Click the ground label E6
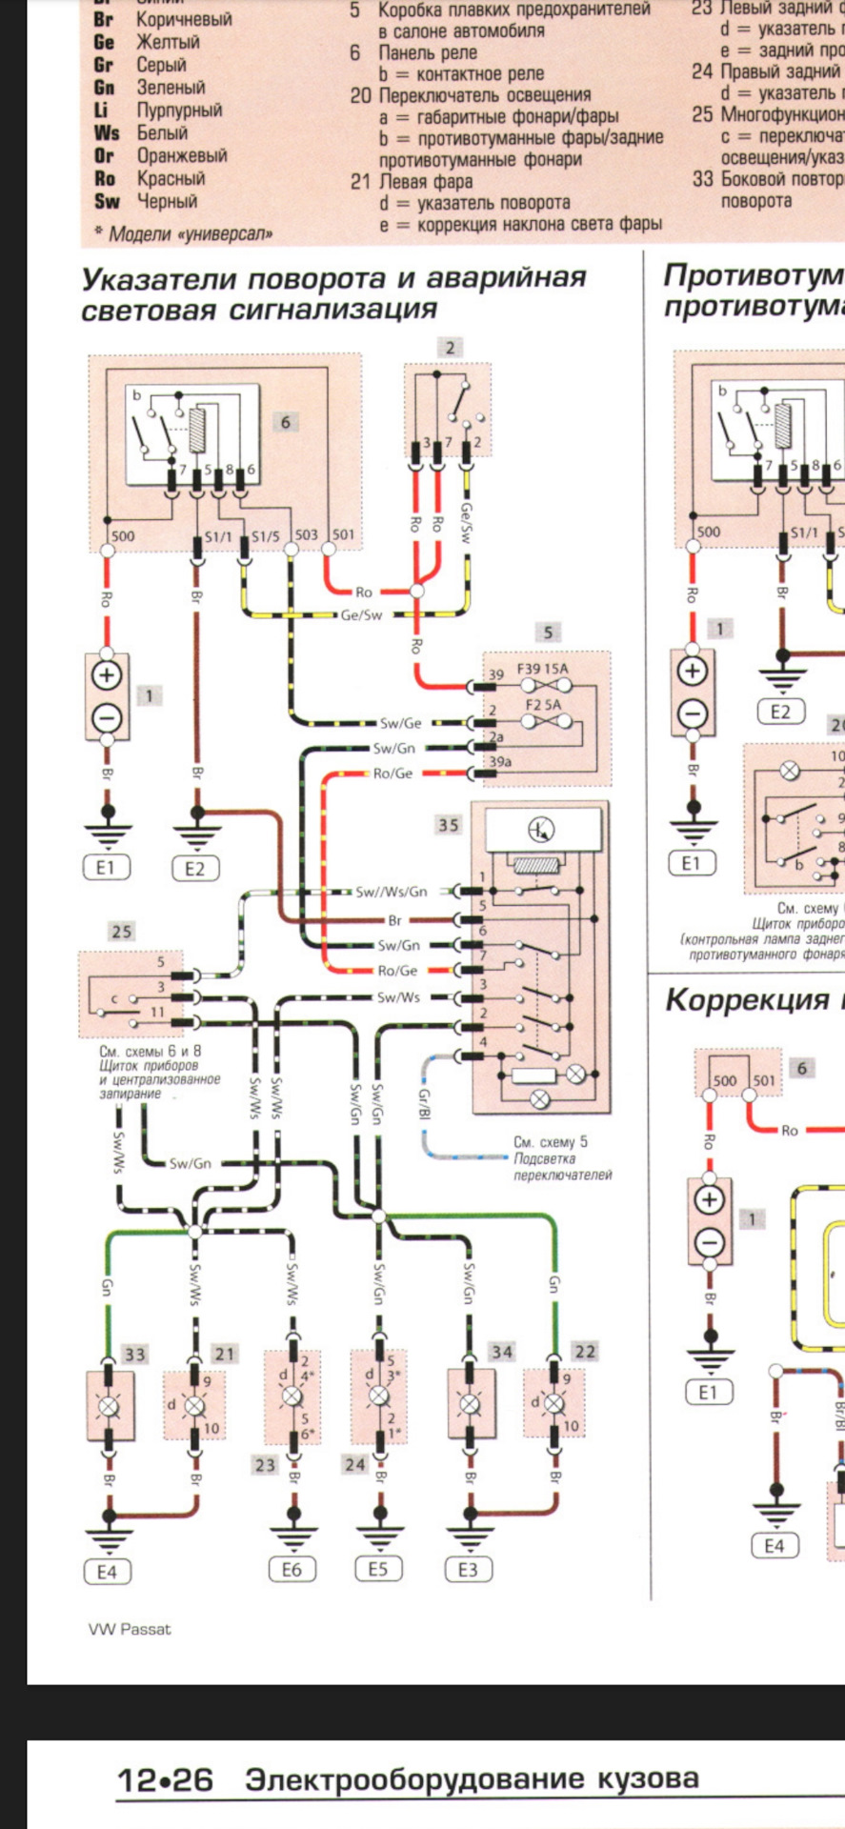[x=291, y=1569]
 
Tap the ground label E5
[x=378, y=1568]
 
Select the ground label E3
[x=468, y=1569]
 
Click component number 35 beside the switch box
[x=449, y=825]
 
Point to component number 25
[x=121, y=931]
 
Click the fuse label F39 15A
[x=542, y=669]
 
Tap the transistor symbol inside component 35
[x=540, y=831]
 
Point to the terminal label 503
[x=306, y=535]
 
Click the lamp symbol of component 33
[x=107, y=1404]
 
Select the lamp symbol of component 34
[x=469, y=1404]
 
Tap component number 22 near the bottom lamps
[x=585, y=1351]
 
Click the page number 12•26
[x=165, y=1779]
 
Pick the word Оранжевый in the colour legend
[x=182, y=155]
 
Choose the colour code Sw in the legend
[x=106, y=201]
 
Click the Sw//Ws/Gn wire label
[x=392, y=892]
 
